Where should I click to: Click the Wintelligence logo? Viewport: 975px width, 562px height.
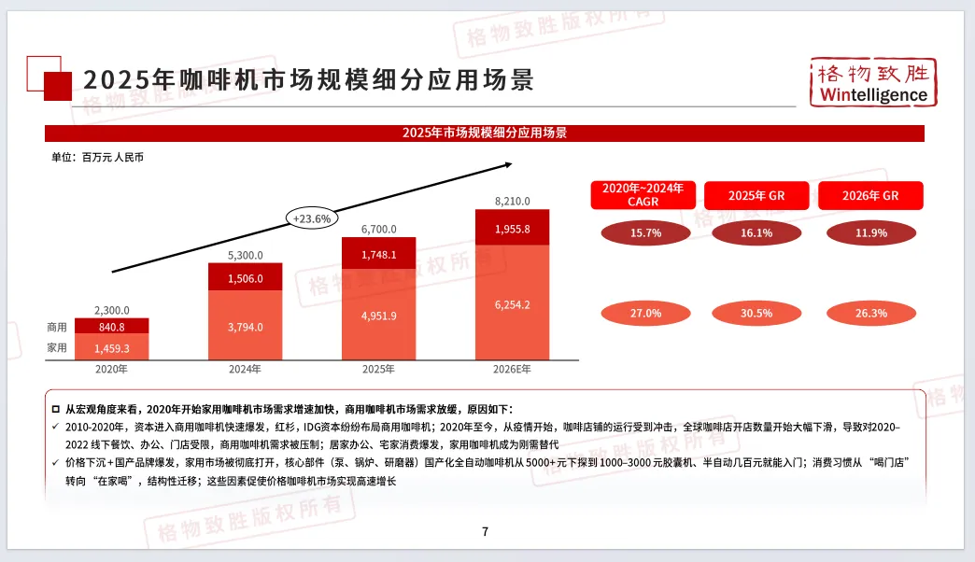(872, 82)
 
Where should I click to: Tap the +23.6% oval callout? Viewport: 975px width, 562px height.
(311, 218)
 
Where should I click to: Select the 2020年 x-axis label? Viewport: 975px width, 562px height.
(111, 370)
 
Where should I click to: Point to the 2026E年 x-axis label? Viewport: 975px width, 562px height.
(512, 370)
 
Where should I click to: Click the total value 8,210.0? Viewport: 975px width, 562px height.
(512, 201)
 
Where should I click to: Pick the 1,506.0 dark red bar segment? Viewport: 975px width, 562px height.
(245, 277)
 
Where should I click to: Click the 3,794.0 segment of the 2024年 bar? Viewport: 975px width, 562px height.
(245, 326)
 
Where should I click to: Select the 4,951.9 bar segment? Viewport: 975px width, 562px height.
(378, 315)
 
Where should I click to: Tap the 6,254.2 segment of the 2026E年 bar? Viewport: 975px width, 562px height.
(512, 303)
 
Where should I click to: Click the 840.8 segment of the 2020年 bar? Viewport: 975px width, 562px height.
(111, 327)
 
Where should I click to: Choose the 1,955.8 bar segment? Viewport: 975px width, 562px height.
(512, 229)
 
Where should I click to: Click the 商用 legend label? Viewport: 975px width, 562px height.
(57, 328)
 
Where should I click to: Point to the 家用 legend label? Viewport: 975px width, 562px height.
(57, 347)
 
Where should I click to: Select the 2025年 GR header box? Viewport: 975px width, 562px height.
(756, 196)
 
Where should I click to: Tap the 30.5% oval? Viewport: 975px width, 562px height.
(756, 314)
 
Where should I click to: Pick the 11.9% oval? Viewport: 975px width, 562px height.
(870, 233)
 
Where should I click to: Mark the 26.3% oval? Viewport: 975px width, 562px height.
(870, 314)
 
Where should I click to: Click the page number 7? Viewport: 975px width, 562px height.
(486, 532)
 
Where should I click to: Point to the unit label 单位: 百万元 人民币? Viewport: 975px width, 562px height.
(98, 158)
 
